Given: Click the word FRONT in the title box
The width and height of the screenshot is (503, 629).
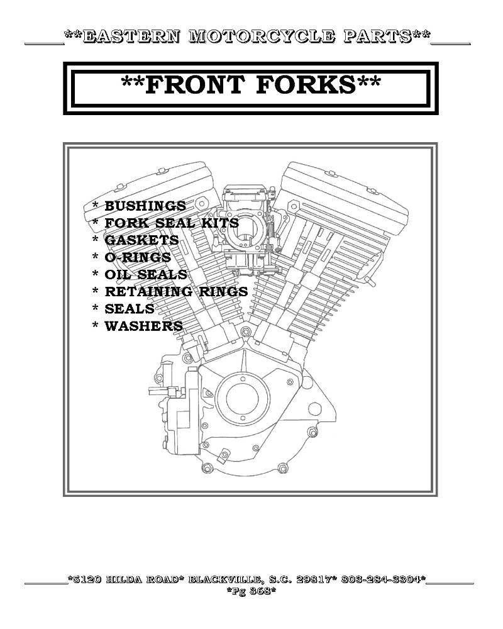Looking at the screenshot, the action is pos(194,85).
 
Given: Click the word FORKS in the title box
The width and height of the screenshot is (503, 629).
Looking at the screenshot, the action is pos(306,85).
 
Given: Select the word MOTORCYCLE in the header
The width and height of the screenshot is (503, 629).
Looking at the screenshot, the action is pos(262,36).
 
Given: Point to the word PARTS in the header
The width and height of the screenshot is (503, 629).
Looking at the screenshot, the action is pos(377,36).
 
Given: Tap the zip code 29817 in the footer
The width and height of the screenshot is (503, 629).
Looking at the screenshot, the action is pos(314,580).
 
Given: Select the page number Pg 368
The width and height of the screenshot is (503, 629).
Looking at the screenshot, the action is pos(251,591).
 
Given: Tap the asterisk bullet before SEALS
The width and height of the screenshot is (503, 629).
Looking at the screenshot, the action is pos(96,308).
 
